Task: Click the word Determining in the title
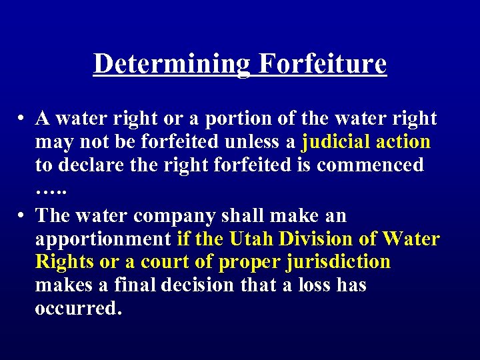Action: pyautogui.click(x=172, y=64)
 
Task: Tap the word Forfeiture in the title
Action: pyautogui.click(x=322, y=64)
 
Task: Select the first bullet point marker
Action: pyautogui.click(x=22, y=119)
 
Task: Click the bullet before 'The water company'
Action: pyautogui.click(x=22, y=216)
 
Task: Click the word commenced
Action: pyautogui.click(x=370, y=165)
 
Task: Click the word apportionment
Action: pyautogui.click(x=103, y=239)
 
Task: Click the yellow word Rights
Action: pyautogui.click(x=65, y=261)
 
